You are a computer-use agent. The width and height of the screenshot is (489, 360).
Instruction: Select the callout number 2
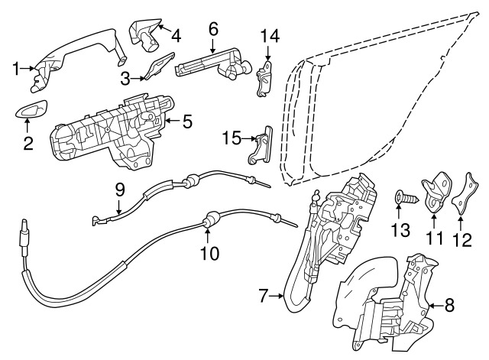tap(28, 142)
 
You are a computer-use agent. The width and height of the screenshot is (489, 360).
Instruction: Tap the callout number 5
tap(188, 120)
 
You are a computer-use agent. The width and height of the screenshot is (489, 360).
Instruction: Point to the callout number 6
tap(213, 29)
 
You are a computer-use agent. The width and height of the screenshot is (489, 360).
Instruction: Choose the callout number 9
tap(120, 187)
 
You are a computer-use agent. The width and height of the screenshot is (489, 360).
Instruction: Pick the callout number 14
tap(267, 34)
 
